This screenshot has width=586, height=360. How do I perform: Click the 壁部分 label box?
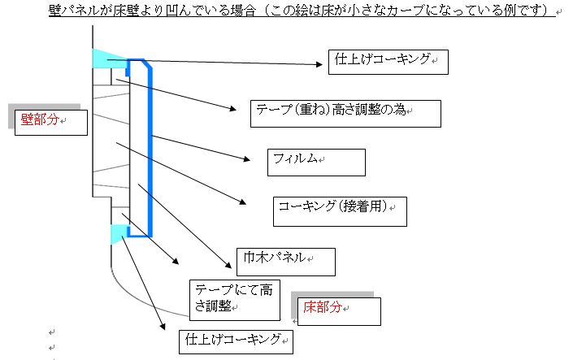51,122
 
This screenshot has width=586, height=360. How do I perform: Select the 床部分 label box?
339,311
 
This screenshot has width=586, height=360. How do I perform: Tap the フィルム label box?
316,163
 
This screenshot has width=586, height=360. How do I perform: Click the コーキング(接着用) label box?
340,211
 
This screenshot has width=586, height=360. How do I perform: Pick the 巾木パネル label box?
286,262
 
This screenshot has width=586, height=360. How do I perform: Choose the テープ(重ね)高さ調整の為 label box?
345,114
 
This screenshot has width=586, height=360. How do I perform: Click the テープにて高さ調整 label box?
235,300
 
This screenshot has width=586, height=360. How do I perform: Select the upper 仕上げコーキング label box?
388,62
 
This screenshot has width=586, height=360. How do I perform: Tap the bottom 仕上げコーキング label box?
236,341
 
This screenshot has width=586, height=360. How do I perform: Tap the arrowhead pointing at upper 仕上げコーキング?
319,64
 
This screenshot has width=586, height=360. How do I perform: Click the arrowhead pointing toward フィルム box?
246,159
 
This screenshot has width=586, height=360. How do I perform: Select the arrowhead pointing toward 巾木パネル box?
228,265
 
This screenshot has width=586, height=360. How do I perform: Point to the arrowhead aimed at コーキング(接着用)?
243,202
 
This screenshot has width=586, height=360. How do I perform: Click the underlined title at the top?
302,10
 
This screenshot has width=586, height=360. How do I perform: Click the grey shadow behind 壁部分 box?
45,107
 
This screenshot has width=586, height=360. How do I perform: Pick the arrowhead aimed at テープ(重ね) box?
232,109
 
